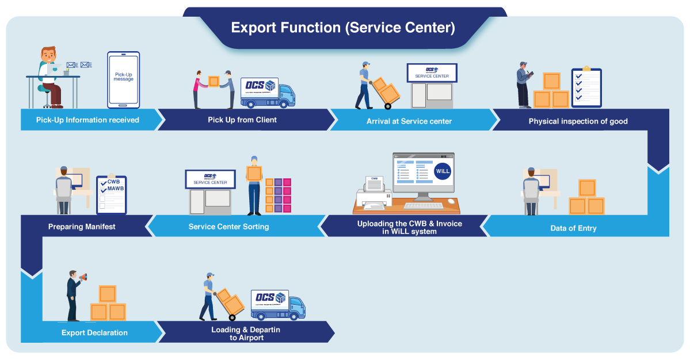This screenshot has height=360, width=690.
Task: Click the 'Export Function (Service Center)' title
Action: click(343, 28)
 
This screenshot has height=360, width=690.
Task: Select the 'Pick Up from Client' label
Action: click(242, 120)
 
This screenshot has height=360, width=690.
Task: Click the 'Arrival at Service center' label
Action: click(409, 121)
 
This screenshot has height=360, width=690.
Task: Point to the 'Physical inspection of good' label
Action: click(578, 121)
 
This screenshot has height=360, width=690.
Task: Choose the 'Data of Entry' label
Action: click(573, 228)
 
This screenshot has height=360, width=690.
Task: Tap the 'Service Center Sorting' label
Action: click(228, 227)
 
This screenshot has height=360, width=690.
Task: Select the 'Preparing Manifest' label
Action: click(82, 227)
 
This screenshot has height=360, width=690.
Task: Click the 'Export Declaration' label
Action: click(94, 332)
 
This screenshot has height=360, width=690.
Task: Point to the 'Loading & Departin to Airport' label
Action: click(246, 334)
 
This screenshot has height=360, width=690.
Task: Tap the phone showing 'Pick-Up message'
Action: click(123, 79)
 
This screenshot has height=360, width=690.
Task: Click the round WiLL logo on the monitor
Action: click(442, 171)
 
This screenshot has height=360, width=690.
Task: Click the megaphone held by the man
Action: click(83, 278)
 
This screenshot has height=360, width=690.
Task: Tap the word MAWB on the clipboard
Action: click(116, 188)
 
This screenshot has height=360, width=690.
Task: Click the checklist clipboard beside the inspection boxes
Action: click(586, 87)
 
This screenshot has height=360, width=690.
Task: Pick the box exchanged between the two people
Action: click(214, 81)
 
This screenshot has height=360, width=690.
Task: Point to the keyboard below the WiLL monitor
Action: click(423, 205)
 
